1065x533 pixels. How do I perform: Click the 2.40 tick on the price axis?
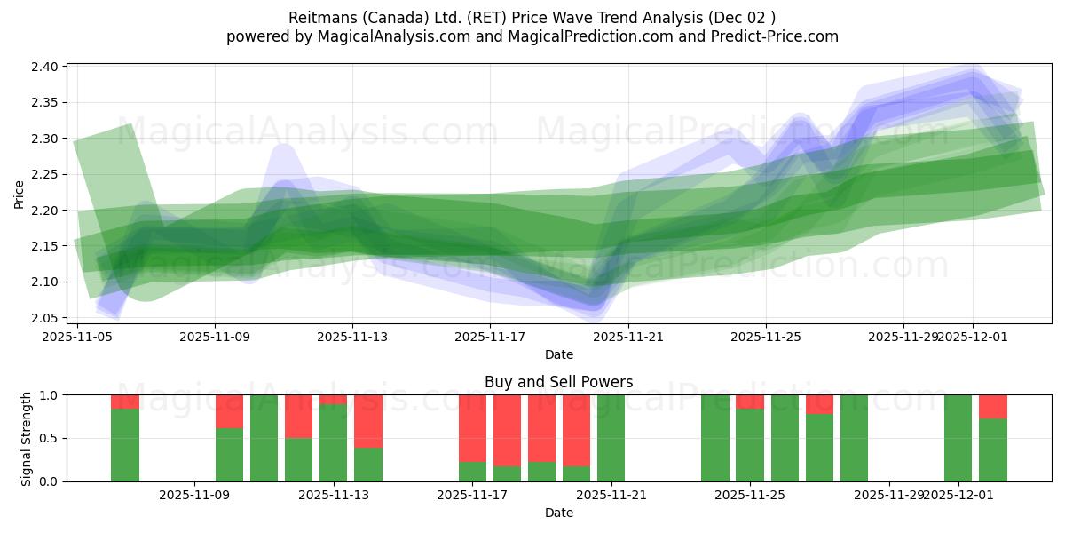point(46,67)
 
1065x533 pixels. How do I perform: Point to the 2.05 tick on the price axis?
point(46,318)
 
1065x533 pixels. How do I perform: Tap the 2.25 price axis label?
point(46,175)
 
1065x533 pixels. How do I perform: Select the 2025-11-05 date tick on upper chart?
point(78,337)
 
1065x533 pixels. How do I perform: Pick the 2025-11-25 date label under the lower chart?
point(750,495)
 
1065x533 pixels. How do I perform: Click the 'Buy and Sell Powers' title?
point(558,382)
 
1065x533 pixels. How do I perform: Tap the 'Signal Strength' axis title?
point(26,438)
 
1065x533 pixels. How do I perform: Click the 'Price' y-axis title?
point(20,193)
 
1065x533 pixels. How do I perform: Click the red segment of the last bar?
point(993,406)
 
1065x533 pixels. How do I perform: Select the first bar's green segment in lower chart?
point(125,444)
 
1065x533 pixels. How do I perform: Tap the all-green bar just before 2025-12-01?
point(958,438)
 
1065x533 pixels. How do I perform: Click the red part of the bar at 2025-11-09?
point(229,410)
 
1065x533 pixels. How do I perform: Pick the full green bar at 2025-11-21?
point(611,438)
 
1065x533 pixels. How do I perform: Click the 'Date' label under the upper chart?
point(558,354)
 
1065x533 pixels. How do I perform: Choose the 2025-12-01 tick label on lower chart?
point(959,495)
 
